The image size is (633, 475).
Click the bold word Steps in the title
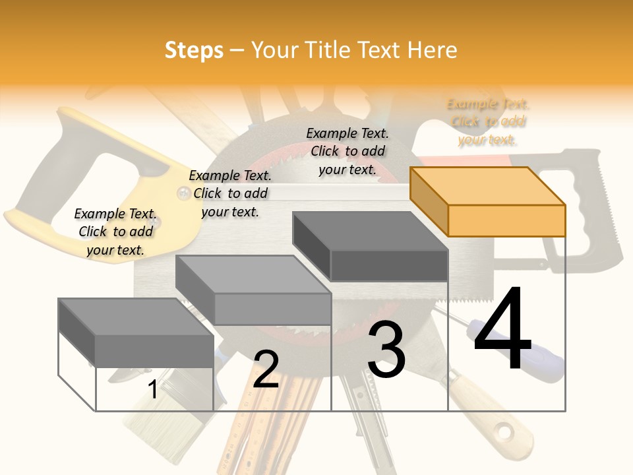(x=194, y=50)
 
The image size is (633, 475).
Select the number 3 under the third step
(x=386, y=350)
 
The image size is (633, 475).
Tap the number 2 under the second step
(x=266, y=369)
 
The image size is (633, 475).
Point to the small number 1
(x=153, y=389)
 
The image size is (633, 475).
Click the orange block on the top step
(x=488, y=202)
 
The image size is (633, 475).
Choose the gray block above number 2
(x=254, y=290)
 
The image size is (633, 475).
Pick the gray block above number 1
(x=136, y=333)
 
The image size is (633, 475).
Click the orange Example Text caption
(x=487, y=122)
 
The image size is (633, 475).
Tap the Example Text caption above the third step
(x=347, y=151)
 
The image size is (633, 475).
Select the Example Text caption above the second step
(x=230, y=193)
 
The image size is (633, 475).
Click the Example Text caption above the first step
(x=115, y=232)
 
